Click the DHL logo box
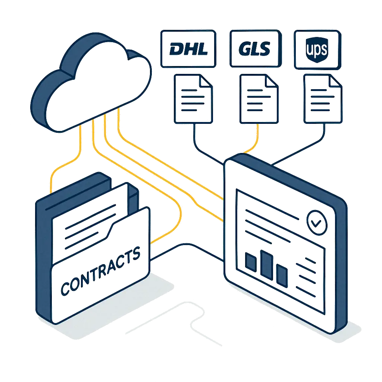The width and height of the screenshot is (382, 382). (189, 49)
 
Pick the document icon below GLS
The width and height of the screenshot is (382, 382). (259, 99)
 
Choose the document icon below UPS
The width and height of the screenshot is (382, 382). (322, 99)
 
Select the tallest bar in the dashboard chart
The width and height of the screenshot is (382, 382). (266, 265)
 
